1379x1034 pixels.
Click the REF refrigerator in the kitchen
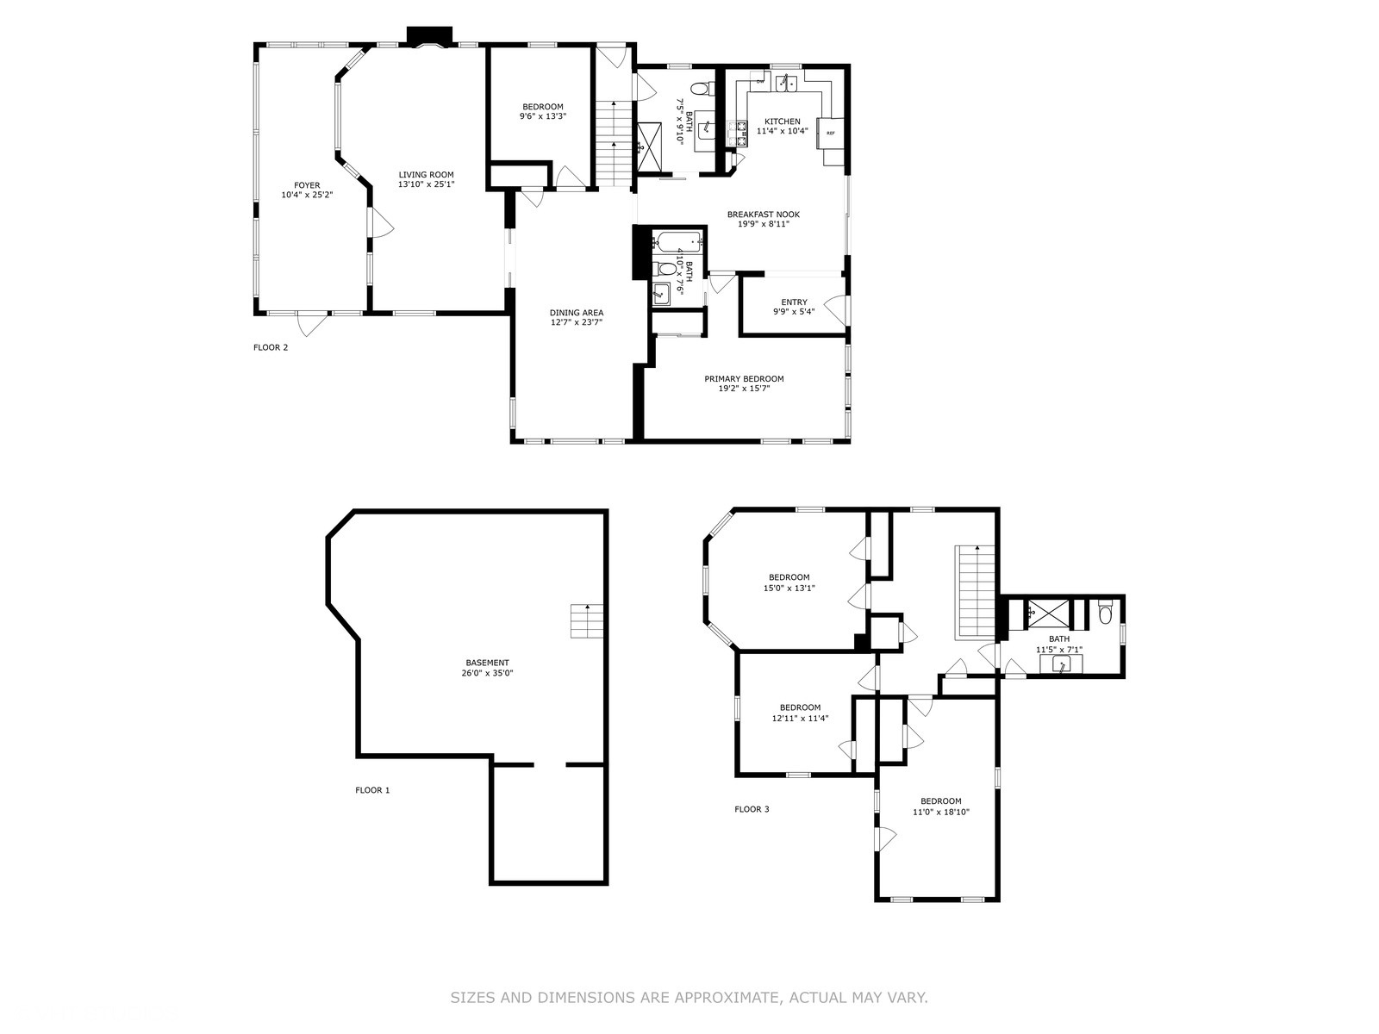830,133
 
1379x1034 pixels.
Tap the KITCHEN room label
783,121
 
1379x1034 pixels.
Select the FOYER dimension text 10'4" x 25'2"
307,196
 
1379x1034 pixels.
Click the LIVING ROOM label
426,175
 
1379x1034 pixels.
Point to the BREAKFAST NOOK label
764,214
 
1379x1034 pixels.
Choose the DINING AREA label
576,313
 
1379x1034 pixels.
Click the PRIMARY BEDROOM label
744,378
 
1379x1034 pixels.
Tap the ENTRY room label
794,302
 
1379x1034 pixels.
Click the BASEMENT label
487,663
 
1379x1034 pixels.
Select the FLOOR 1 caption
372,790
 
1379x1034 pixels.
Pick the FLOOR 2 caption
271,347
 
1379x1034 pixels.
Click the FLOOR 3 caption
752,809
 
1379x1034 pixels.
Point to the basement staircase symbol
587,621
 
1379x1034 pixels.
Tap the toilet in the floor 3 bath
1105,612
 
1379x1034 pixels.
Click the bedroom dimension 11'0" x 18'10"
940,812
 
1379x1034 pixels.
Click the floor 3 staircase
977,593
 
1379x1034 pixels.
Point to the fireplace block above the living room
430,36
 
